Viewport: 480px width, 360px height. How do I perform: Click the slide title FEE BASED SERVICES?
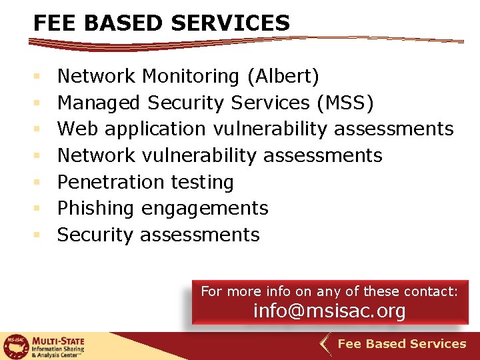click(x=162, y=23)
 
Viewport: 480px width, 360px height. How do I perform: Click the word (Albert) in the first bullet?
click(x=283, y=77)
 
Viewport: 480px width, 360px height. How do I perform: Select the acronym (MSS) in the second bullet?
click(x=346, y=103)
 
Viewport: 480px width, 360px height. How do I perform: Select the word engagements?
click(x=205, y=209)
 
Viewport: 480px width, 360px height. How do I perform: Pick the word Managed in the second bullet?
click(x=98, y=103)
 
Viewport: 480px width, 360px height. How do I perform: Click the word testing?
click(x=202, y=182)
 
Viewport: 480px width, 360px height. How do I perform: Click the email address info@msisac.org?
click(x=329, y=311)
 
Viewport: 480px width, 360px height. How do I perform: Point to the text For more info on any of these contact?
click(x=329, y=291)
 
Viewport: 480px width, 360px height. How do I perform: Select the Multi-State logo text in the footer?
click(x=59, y=345)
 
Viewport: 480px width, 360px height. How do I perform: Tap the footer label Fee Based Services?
click(x=402, y=344)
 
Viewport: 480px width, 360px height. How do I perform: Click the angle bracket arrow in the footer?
click(x=324, y=345)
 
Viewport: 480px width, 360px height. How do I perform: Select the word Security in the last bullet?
click(x=95, y=235)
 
